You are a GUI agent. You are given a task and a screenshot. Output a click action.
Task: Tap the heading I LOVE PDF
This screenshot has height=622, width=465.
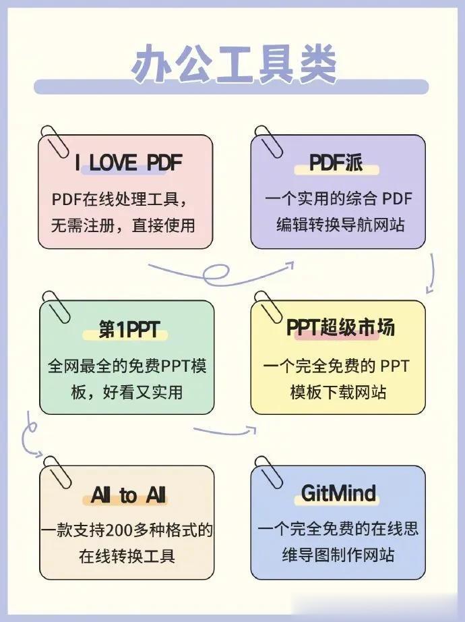click(x=129, y=163)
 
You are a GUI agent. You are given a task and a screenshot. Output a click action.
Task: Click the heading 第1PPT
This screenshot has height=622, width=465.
click(x=129, y=329)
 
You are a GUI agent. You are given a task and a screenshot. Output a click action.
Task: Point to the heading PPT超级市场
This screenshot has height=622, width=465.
click(x=340, y=328)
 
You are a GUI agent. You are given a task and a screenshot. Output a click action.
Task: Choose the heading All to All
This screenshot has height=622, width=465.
click(x=128, y=496)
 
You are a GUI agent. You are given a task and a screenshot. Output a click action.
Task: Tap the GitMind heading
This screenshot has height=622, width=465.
click(x=338, y=494)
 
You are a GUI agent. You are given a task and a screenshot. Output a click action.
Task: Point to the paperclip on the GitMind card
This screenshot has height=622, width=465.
click(x=268, y=470)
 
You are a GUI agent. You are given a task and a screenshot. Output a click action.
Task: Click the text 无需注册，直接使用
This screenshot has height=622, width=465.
click(x=123, y=225)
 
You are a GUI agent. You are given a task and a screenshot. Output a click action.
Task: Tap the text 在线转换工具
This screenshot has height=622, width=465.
click(x=127, y=557)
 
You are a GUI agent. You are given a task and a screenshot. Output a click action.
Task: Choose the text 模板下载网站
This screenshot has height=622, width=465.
click(x=338, y=392)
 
